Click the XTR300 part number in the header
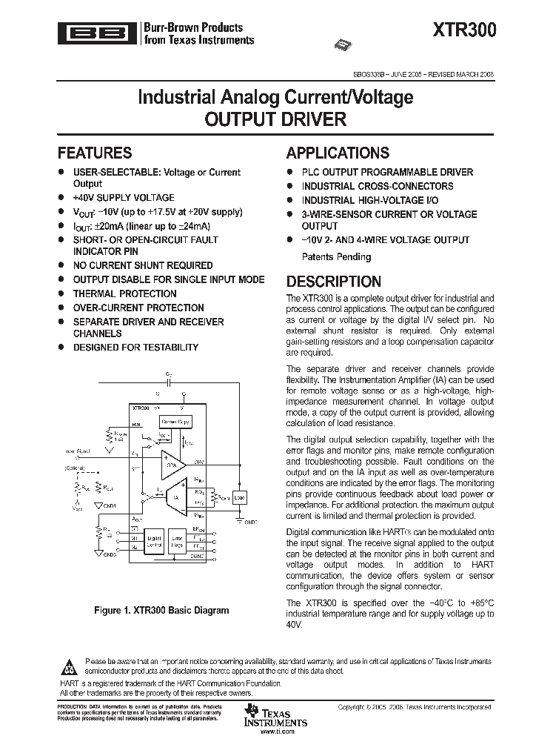coord(466,30)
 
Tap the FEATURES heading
coord(95,153)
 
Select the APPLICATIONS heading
coord(338,153)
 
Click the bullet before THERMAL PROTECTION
coord(61,293)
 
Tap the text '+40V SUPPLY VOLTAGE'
coord(124,198)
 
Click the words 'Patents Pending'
coord(326,257)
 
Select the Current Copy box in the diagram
coord(175,422)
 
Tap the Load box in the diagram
coord(239,497)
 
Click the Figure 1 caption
coord(161,611)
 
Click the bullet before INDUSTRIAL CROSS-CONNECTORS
coord(289,186)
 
